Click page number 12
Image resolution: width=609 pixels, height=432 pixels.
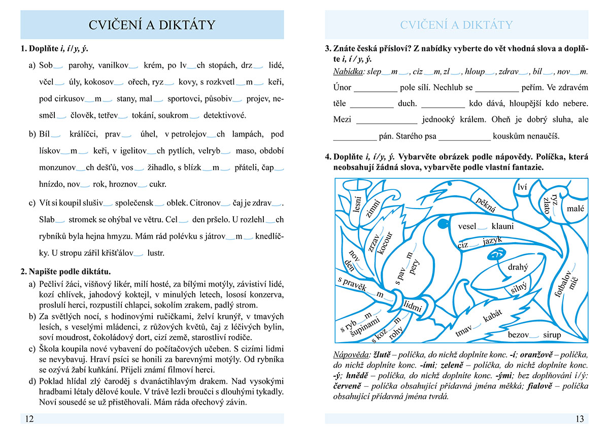29,419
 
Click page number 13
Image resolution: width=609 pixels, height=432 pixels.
580,419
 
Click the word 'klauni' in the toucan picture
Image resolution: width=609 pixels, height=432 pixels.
502,226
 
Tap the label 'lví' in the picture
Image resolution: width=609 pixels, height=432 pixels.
522,188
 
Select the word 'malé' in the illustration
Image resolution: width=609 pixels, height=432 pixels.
575,209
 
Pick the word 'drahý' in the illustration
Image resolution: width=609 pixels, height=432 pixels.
518,267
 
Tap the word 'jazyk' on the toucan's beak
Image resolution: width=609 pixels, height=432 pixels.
492,241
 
